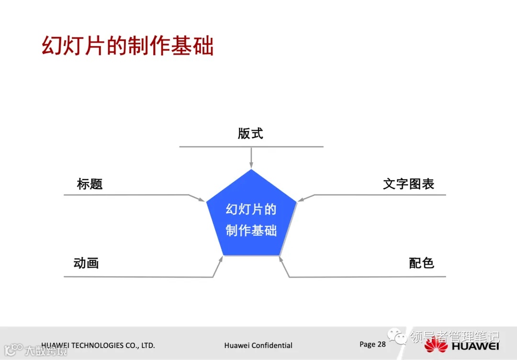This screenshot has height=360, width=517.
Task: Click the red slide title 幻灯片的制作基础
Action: coord(127,46)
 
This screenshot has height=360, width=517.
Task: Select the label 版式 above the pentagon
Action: coord(250,133)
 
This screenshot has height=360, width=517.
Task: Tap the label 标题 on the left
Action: coord(90,184)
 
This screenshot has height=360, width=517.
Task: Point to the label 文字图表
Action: coord(408,184)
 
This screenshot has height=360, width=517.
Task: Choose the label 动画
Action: coord(86,263)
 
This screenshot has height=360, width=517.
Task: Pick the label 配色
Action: coord(421,263)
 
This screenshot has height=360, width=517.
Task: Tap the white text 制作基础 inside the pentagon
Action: coord(251,230)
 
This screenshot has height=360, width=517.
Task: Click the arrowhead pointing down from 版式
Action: coord(251,165)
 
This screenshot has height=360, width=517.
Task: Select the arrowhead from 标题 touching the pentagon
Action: coord(202,199)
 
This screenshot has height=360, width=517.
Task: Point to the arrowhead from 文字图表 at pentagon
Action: coord(301,199)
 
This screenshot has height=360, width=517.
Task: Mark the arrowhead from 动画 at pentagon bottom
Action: coord(221,260)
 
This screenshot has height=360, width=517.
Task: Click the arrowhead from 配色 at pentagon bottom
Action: coord(281,260)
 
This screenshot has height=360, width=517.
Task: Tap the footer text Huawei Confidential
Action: coord(258,345)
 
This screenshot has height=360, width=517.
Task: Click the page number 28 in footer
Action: coord(381,344)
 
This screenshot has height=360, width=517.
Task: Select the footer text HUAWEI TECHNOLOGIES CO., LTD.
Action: coord(98,345)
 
